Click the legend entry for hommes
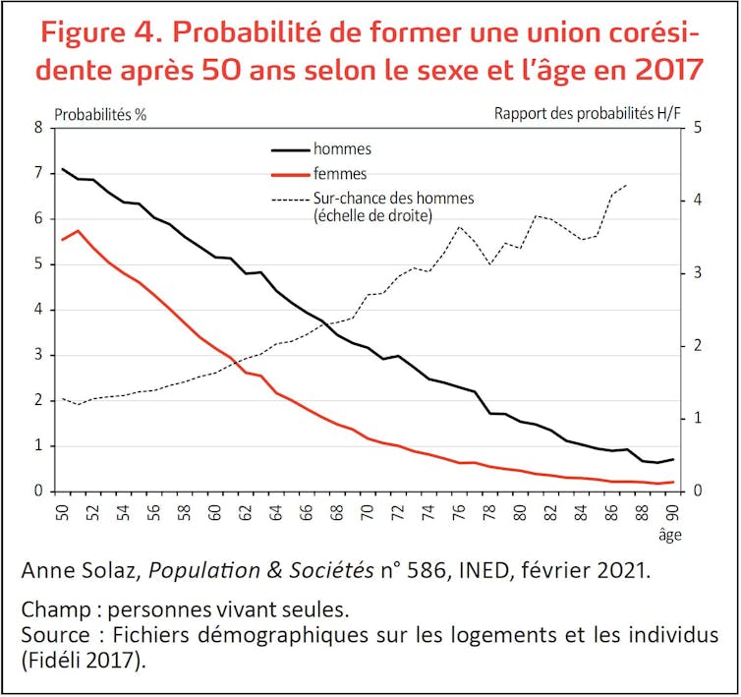(x=342, y=149)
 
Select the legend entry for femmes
(x=340, y=173)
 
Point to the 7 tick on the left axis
(x=40, y=173)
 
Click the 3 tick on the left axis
(x=40, y=355)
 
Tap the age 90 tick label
(x=673, y=512)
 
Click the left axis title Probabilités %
(x=100, y=113)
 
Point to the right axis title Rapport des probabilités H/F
(x=588, y=113)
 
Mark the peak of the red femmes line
(x=78, y=231)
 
